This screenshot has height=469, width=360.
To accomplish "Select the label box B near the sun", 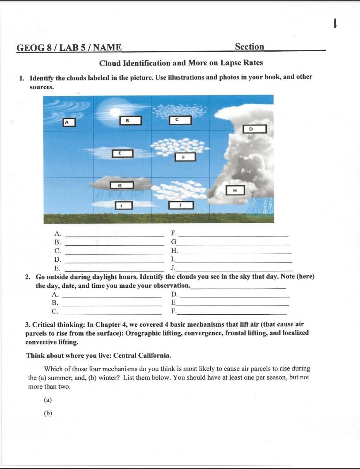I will (x=130, y=120).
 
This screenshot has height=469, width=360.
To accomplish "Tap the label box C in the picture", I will (x=180, y=120).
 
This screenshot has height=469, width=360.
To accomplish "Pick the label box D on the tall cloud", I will (x=254, y=129).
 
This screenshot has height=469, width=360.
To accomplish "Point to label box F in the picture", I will (x=185, y=156).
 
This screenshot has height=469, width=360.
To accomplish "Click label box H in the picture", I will (x=235, y=190).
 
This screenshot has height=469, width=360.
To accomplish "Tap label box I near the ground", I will (x=124, y=206).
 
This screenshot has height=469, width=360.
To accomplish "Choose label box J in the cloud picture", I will (x=181, y=205).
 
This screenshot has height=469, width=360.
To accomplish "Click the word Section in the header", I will (x=249, y=47).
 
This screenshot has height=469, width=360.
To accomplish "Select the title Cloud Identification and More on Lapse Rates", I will (x=181, y=63).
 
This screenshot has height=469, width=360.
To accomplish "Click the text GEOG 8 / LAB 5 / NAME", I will (x=69, y=48).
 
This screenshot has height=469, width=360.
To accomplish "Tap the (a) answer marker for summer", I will (x=48, y=400).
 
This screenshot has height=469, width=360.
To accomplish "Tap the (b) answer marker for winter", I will (x=48, y=413).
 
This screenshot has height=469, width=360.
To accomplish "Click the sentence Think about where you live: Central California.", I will (x=99, y=355).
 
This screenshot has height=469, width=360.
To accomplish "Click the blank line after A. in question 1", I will (x=114, y=234).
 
